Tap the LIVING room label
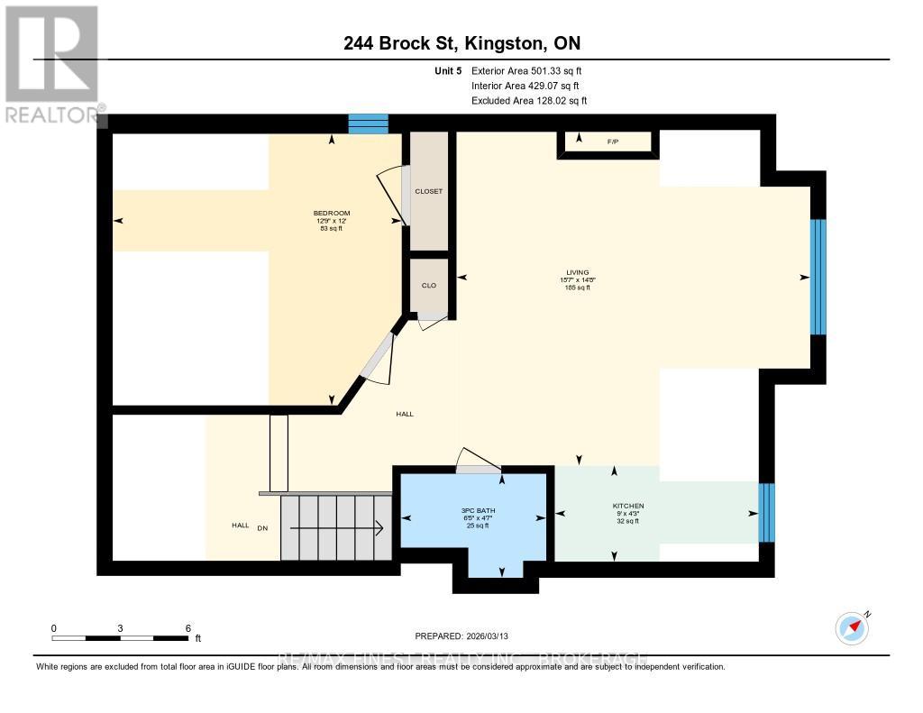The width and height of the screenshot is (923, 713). pyautogui.click(x=577, y=272)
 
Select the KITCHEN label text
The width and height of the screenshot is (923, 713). pyautogui.click(x=627, y=506)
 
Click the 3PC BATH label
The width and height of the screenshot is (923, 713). pyautogui.click(x=473, y=511)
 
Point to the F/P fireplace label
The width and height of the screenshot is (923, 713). pyautogui.click(x=613, y=142)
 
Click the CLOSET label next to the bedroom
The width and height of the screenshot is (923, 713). pyautogui.click(x=428, y=191)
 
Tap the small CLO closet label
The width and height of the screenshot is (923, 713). pyautogui.click(x=428, y=285)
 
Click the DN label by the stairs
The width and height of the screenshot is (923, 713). pyautogui.click(x=263, y=527)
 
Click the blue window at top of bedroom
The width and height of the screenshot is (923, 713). pyautogui.click(x=368, y=123)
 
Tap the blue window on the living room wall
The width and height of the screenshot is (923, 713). pyautogui.click(x=818, y=277)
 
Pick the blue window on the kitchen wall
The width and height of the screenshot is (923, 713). pyautogui.click(x=766, y=513)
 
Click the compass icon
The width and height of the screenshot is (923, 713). pyautogui.click(x=852, y=627)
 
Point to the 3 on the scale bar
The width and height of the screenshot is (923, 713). pyautogui.click(x=120, y=627)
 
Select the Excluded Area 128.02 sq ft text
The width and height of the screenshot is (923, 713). pyautogui.click(x=529, y=101)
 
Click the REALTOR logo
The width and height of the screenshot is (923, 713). pyautogui.click(x=51, y=63)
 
